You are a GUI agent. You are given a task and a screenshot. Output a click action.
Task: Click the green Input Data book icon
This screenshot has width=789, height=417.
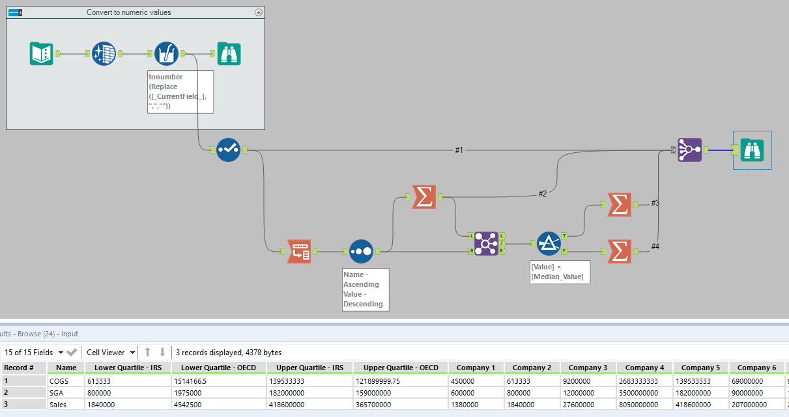pyautogui.click(x=41, y=53)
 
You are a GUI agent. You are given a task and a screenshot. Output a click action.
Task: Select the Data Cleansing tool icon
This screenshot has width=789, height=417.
pyautogui.click(x=104, y=53)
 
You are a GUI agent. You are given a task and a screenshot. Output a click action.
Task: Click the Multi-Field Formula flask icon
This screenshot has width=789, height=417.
pyautogui.click(x=166, y=53)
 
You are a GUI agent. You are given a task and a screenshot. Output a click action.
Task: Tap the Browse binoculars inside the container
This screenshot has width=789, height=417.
pyautogui.click(x=229, y=53)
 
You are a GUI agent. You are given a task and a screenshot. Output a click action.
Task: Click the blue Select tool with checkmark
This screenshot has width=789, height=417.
pyautogui.click(x=228, y=150)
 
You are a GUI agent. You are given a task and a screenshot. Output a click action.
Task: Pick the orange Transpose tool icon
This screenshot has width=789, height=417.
pyautogui.click(x=299, y=251)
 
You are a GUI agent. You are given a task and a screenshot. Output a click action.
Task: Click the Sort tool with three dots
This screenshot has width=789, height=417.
pyautogui.click(x=361, y=251)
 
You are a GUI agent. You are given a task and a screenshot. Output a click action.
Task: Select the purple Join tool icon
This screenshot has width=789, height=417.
pyautogui.click(x=486, y=243)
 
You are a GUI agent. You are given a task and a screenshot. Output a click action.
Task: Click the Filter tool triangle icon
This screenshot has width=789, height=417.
pyautogui.click(x=549, y=243)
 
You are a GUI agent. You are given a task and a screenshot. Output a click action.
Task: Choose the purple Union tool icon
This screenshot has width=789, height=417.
pyautogui.click(x=689, y=150)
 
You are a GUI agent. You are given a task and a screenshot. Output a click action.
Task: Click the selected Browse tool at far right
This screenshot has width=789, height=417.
pyautogui.click(x=752, y=150)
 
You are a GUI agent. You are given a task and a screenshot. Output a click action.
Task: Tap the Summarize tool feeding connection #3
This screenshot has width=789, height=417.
pyautogui.click(x=619, y=204)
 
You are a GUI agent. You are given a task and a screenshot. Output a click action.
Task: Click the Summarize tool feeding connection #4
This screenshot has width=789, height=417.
pyautogui.click(x=619, y=251)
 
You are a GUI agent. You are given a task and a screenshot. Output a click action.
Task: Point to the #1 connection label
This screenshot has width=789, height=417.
pyautogui.click(x=459, y=150)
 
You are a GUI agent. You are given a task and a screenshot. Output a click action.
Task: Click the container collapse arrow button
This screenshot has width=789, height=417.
pyautogui.click(x=259, y=12)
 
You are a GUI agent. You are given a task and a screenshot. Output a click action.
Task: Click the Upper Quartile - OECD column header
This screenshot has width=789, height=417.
pyautogui.click(x=401, y=368)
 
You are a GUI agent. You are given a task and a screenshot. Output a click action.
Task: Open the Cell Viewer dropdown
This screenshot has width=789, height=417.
pyautogui.click(x=111, y=353)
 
